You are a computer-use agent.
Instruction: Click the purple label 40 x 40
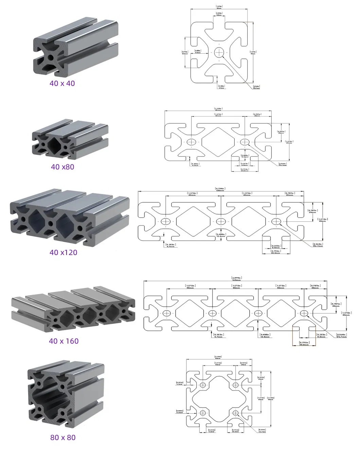(62, 83)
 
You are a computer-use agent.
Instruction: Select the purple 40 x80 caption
(62, 167)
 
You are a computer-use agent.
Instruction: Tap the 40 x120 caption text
(64, 252)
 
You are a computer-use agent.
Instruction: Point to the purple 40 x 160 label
(64, 341)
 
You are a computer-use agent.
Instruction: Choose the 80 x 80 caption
(63, 437)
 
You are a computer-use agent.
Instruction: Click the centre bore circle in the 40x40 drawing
(219, 52)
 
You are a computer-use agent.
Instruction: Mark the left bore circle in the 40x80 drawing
(192, 142)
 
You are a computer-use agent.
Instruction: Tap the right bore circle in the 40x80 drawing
(245, 142)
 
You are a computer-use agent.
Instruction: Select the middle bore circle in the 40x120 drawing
(221, 221)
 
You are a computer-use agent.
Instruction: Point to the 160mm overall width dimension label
(236, 279)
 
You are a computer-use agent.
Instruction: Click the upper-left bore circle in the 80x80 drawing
(203, 385)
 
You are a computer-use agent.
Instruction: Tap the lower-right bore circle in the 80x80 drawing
(236, 413)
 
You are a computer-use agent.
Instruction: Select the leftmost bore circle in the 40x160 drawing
(166, 313)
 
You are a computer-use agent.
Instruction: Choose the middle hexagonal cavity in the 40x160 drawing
(235, 313)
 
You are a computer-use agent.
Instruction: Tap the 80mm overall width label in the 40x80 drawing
(218, 109)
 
